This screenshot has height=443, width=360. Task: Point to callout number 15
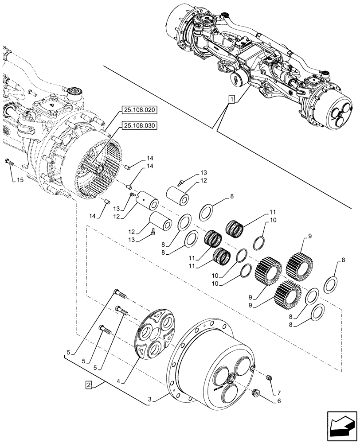[x=20, y=180]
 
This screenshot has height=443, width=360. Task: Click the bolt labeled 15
[x=9, y=163]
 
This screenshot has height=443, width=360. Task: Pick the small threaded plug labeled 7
[x=268, y=377]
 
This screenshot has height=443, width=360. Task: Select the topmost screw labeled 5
[x=120, y=293]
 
